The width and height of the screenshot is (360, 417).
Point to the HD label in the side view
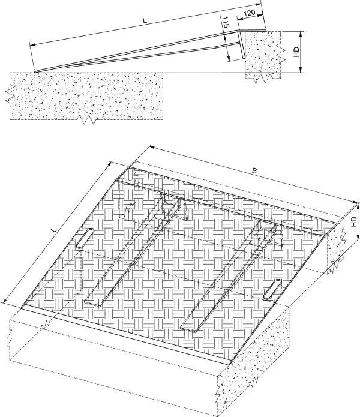tap(295, 52)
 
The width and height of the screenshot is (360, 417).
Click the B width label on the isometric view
tap(254, 171)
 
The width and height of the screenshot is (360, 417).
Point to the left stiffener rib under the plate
tap(132, 252)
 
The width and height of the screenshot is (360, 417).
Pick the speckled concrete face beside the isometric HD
tap(336, 246)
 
